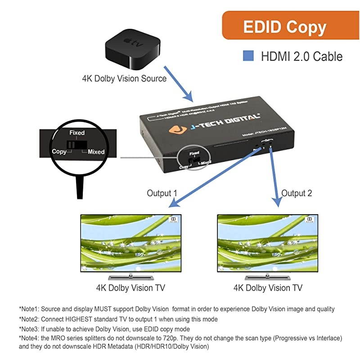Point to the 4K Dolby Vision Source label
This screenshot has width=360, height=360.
pyautogui.click(x=124, y=78)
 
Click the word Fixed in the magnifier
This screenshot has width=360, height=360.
pyautogui.click(x=77, y=133)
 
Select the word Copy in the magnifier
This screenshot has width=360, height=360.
pyautogui.click(x=59, y=151)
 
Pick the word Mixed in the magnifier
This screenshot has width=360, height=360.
pyautogui.click(x=96, y=152)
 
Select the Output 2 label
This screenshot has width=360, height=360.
pyautogui.click(x=297, y=193)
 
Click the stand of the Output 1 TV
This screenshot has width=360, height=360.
pyautogui.click(x=130, y=275)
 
